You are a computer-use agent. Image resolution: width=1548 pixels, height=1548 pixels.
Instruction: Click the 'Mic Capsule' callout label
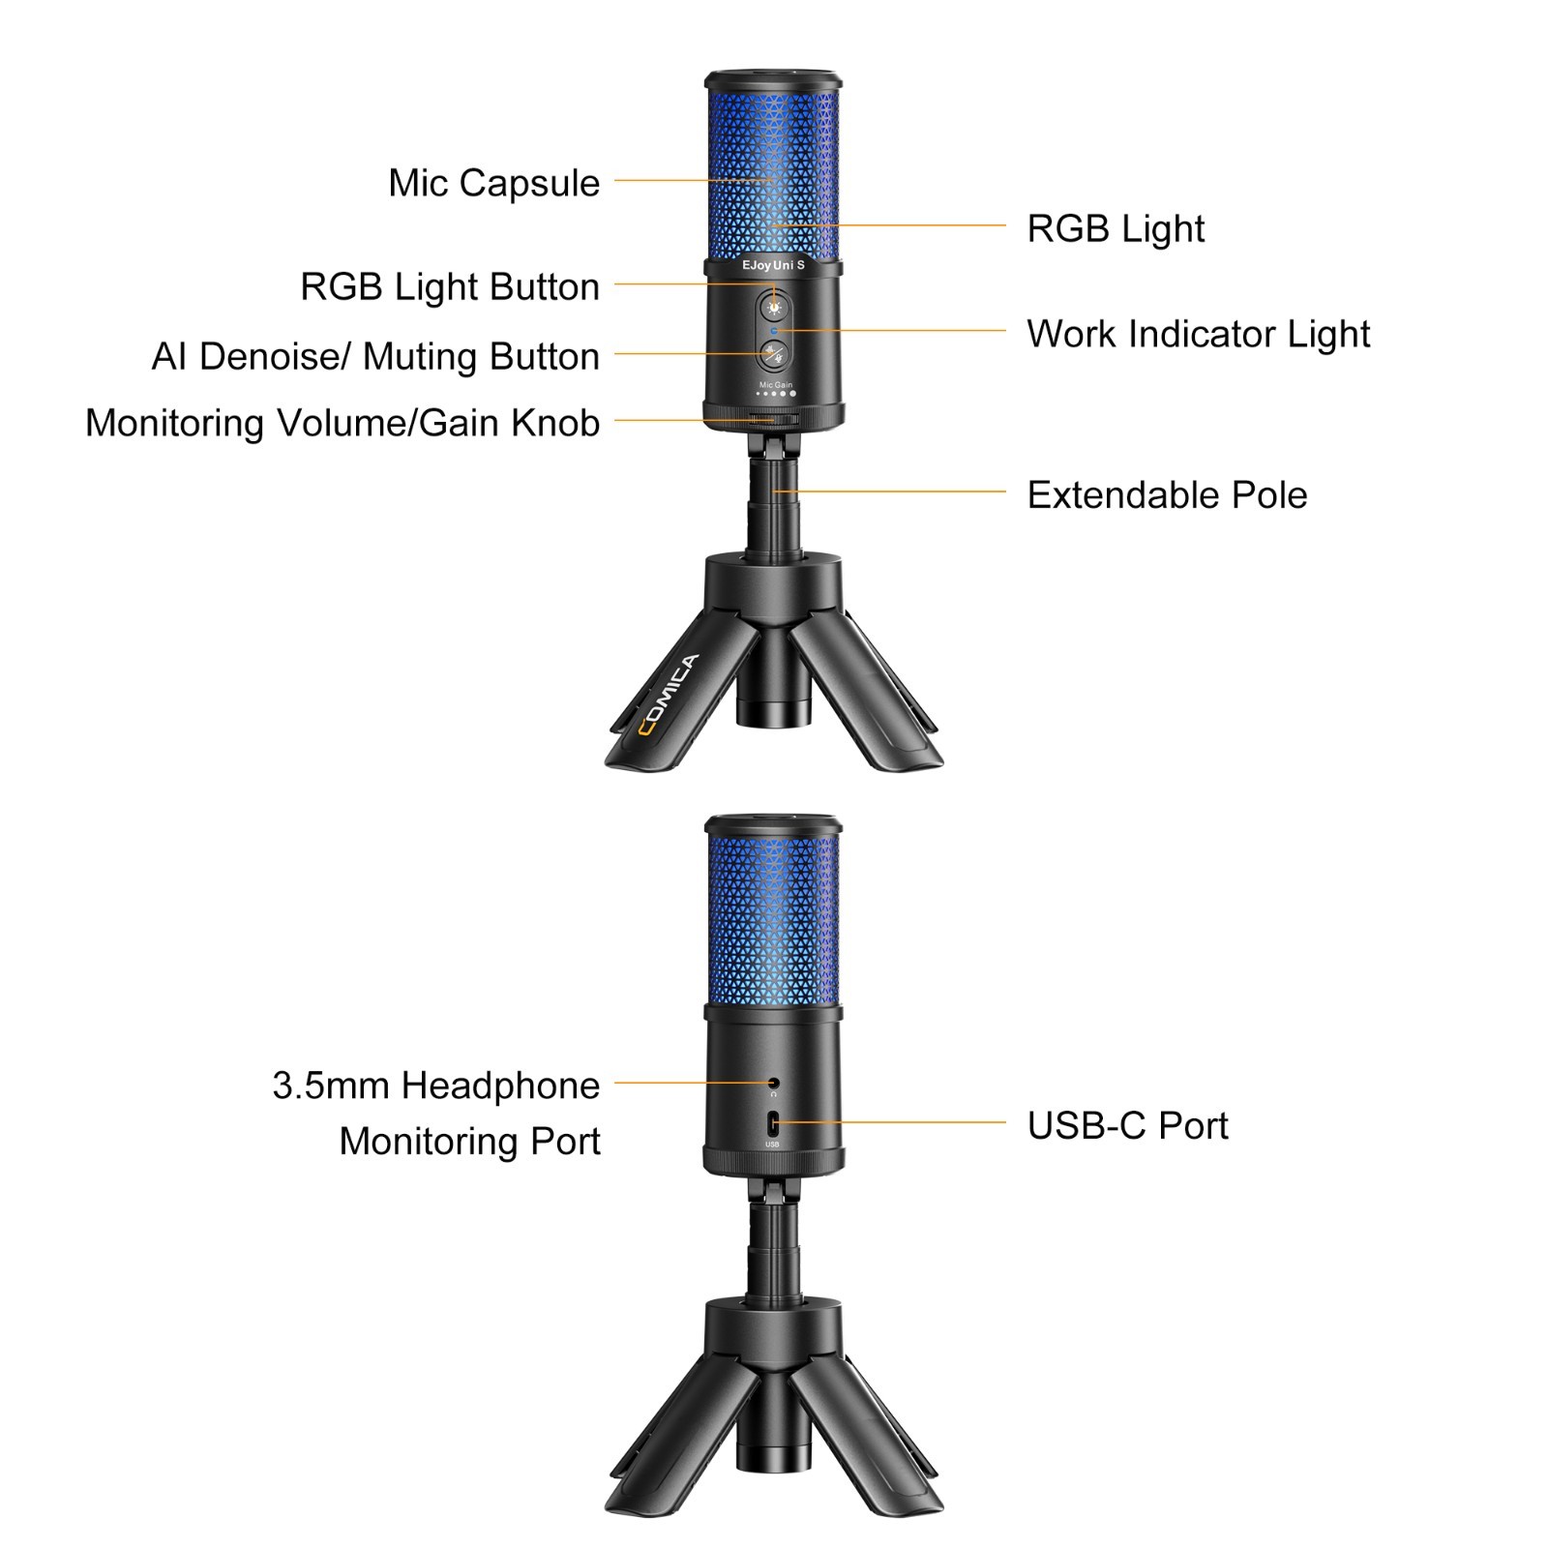[493, 183]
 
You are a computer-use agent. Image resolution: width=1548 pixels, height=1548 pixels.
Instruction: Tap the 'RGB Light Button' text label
[450, 286]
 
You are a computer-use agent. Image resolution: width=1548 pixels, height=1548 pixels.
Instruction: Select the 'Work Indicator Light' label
[1198, 334]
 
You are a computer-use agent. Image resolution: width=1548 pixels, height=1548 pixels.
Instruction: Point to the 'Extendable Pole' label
[1167, 494]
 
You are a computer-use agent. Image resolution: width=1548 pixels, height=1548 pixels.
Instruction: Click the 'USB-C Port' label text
[1127, 1125]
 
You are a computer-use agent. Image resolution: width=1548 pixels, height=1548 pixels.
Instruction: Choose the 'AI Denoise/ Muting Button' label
[375, 356]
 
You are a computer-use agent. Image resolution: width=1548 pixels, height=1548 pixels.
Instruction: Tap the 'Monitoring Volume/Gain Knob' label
[342, 423]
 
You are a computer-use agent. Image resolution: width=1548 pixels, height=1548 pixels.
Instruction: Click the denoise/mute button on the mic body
[773, 354]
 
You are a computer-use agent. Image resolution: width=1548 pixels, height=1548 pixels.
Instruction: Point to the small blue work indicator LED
[773, 331]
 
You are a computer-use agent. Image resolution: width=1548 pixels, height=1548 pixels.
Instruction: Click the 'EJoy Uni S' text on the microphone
[773, 265]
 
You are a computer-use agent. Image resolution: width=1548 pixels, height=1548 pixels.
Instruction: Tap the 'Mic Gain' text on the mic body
[776, 385]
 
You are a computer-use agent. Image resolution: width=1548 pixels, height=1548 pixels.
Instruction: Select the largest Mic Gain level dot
[793, 394]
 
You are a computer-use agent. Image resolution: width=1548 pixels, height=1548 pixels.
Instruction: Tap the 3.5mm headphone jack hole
[774, 1083]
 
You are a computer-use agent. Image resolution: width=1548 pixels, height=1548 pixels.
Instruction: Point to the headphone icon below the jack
[774, 1094]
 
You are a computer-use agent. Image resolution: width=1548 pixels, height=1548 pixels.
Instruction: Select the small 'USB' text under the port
[772, 1145]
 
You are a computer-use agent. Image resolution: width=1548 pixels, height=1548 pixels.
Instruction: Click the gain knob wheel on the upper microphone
[773, 420]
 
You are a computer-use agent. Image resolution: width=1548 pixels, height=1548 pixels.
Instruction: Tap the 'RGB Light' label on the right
[1115, 229]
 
